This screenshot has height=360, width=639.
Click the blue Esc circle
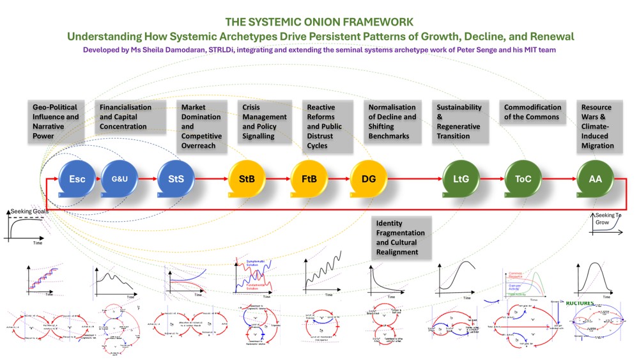point(77,179)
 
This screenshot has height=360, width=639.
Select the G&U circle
point(119,179)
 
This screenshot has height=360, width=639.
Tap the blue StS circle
point(176,179)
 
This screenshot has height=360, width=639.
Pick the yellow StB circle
point(247,179)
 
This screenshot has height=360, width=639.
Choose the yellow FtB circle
point(309,179)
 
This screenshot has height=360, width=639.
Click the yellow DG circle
point(369,179)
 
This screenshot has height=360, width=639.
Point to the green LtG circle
point(461,179)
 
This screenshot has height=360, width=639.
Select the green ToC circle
point(523,179)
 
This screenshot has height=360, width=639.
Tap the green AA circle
point(595,179)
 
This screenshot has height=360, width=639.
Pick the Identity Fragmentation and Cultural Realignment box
point(401,237)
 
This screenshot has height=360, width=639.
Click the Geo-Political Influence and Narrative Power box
point(56,121)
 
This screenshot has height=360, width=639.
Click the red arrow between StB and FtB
point(278,180)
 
